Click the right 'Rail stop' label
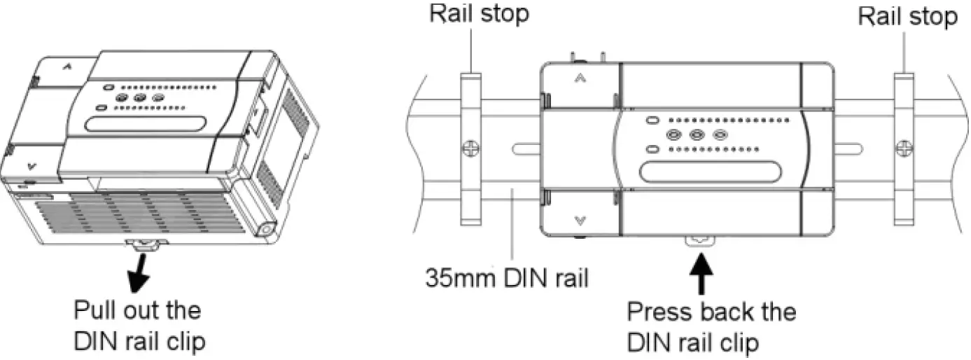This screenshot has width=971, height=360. (x=908, y=16)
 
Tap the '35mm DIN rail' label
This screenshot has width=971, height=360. (x=507, y=279)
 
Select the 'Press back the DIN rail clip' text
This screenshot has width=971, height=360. (x=711, y=326)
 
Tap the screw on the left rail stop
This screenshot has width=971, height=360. (x=471, y=148)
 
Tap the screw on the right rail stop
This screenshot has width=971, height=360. (x=904, y=148)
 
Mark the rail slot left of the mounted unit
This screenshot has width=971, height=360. (x=526, y=148)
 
